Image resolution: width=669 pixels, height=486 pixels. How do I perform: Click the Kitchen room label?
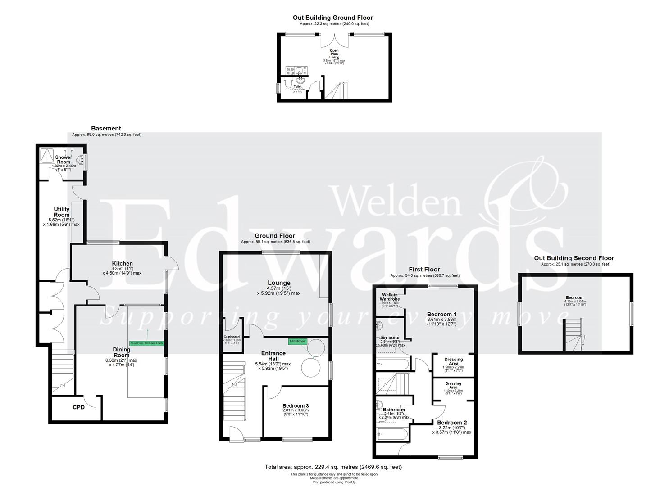(122, 264)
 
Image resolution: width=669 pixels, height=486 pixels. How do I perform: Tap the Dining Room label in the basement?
(122, 352)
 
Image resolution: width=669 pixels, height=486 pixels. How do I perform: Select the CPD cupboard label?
(79, 408)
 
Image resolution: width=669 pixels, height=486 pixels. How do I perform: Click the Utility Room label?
(62, 212)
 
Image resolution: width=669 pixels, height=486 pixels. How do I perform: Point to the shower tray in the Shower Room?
(47, 156)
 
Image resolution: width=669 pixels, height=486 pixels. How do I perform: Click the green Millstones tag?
(297, 342)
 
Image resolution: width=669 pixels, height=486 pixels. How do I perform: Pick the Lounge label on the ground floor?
(278, 283)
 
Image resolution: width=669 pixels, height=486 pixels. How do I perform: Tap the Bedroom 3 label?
(295, 406)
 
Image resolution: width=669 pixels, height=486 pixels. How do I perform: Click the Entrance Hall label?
(273, 356)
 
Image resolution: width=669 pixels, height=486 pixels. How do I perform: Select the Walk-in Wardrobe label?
(390, 297)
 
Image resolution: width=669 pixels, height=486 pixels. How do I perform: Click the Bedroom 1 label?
(441, 314)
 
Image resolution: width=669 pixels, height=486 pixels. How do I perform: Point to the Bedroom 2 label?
(452, 423)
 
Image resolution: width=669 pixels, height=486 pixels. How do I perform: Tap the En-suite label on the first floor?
(390, 337)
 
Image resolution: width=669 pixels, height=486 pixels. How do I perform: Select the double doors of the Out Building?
(334, 40)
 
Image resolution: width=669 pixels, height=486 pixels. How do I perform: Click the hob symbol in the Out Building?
(289, 71)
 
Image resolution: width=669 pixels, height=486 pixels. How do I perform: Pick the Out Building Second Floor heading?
(574, 258)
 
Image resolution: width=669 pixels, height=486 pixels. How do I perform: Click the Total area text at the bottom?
(333, 467)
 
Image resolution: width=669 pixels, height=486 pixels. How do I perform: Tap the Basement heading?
(106, 128)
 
